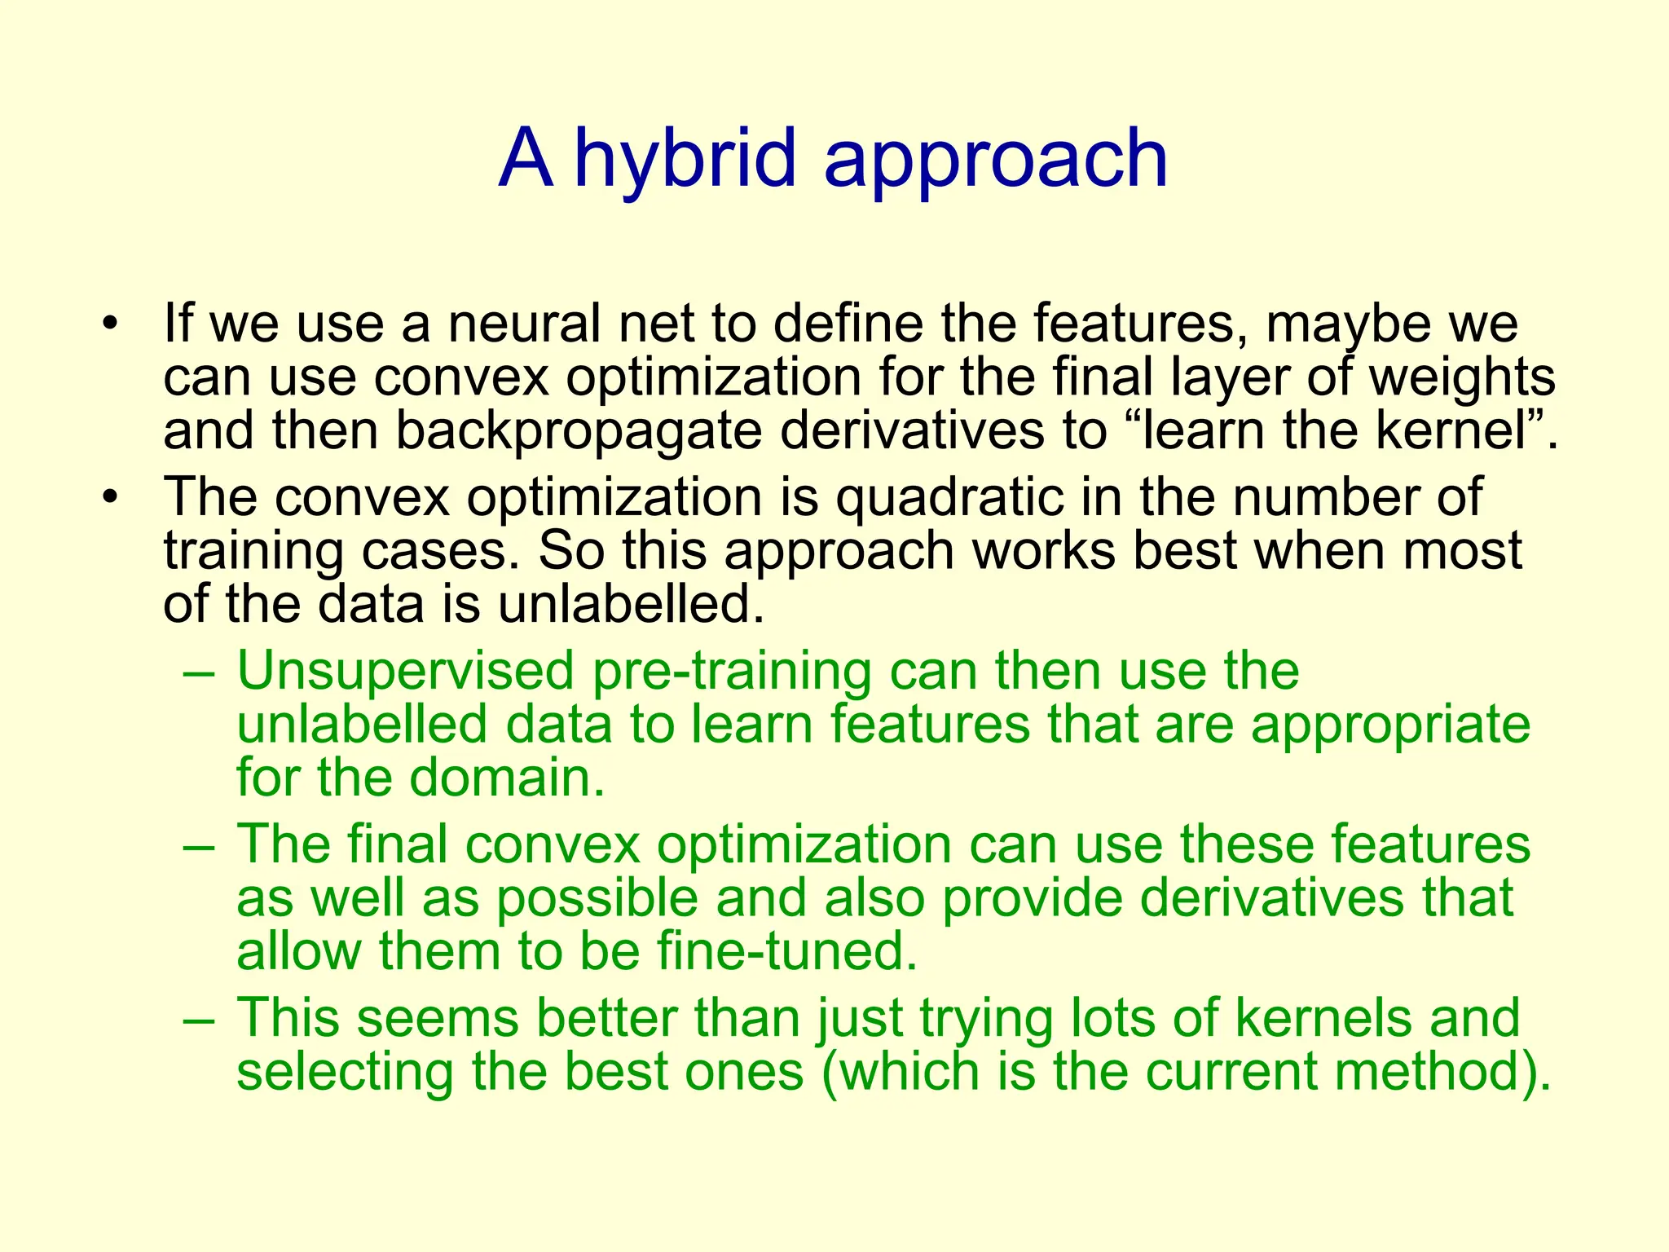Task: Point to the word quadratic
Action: click(x=950, y=497)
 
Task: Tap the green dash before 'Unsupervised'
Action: click(x=200, y=673)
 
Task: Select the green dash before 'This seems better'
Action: click(x=200, y=1020)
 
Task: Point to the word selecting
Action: click(x=345, y=1073)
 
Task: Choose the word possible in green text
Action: click(x=598, y=899)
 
